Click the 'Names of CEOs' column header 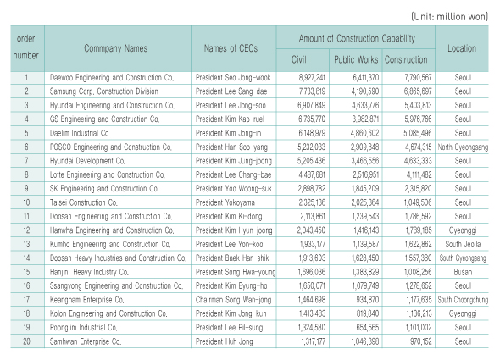(231, 48)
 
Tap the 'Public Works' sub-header (356, 59)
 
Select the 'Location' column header (462, 48)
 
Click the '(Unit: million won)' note (450, 17)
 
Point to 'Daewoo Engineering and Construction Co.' (112, 78)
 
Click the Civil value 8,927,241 (312, 78)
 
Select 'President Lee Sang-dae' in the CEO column (231, 91)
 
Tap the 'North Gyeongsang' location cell (463, 147)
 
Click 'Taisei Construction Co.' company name (84, 202)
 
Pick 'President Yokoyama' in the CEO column (225, 202)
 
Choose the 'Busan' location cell (463, 272)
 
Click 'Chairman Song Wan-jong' (233, 300)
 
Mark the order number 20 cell (27, 341)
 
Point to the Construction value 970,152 (420, 341)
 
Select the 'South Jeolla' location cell (463, 245)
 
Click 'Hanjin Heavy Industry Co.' (89, 272)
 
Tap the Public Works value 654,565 (367, 328)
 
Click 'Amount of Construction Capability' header (357, 39)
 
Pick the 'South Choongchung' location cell (463, 300)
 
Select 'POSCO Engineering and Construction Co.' (111, 147)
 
